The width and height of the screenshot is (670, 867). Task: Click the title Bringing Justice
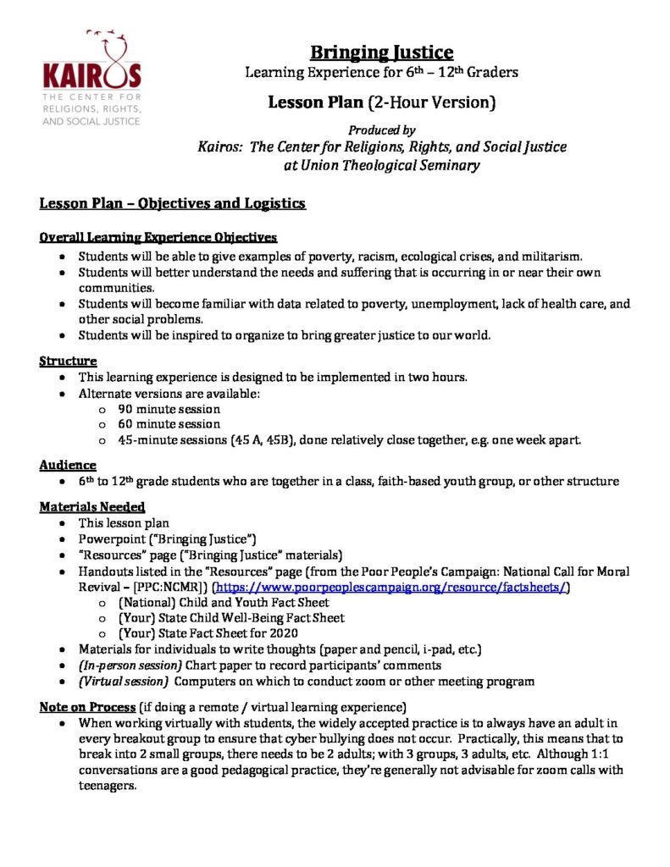[380, 52]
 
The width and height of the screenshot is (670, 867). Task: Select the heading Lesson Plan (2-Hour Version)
[381, 103]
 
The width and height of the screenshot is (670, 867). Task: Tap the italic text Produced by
[381, 130]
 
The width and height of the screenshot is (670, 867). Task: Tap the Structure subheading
[68, 362]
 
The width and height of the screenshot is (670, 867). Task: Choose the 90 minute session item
[169, 407]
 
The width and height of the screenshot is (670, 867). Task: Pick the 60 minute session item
[169, 423]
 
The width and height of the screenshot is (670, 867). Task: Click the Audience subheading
[68, 464]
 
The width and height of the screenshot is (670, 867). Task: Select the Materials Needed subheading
[92, 506]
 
